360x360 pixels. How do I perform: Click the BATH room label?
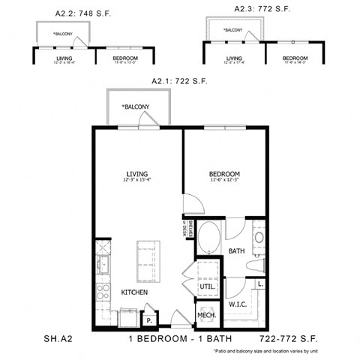click(x=236, y=251)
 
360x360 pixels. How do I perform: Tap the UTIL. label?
click(x=208, y=286)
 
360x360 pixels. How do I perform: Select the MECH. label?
click(x=208, y=316)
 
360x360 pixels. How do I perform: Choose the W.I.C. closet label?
click(x=238, y=304)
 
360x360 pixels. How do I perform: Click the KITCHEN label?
click(x=134, y=291)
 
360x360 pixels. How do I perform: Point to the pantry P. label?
click(x=150, y=320)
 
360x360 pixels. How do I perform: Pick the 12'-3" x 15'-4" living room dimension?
click(x=136, y=180)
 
